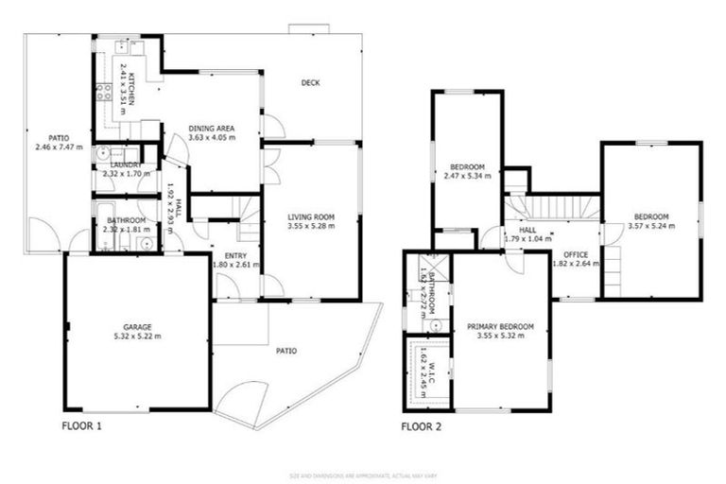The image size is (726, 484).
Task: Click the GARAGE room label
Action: point(137,326)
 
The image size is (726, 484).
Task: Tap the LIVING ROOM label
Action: point(311,217)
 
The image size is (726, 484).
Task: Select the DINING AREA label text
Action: point(211,129)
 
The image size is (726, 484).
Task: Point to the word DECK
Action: point(310,83)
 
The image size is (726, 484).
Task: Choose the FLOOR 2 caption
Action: point(421,426)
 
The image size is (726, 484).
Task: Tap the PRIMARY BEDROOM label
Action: point(500,327)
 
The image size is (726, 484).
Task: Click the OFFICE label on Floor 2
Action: point(575,255)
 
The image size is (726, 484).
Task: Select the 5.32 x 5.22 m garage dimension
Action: point(137,336)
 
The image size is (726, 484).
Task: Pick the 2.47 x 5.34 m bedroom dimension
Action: point(466,176)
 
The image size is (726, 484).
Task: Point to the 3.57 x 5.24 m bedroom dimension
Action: point(650,226)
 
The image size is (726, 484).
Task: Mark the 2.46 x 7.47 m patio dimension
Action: point(59,147)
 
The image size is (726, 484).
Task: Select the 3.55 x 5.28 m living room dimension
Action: point(311,227)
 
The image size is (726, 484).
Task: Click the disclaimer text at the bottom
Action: point(363,475)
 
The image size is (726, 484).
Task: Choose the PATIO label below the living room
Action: point(285,351)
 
